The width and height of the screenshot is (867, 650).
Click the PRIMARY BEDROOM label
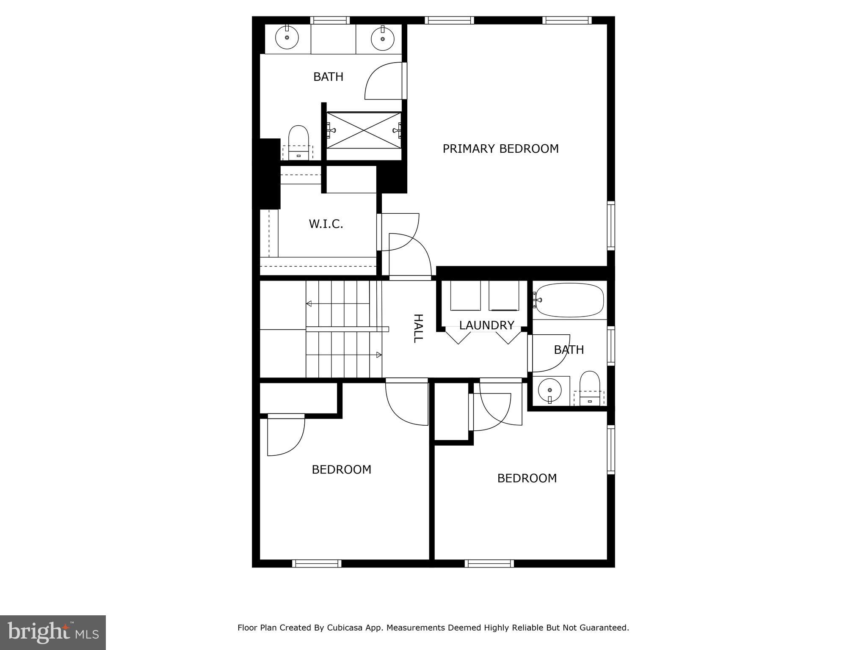coord(500,149)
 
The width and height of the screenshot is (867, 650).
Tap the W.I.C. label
coord(326,224)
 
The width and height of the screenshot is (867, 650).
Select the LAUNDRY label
coord(486,325)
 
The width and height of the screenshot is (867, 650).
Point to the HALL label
coord(418,328)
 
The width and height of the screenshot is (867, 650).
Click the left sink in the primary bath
coord(287,38)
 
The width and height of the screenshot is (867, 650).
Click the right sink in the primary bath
coord(382,39)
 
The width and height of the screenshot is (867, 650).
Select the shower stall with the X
coord(364,130)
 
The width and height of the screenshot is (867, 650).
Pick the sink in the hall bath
coord(549,390)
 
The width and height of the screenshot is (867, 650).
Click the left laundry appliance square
coord(465,295)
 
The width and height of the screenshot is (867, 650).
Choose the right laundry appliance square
coord(504,295)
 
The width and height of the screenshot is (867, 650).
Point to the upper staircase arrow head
coord(309,303)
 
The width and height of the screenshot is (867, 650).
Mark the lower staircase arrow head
coord(379,355)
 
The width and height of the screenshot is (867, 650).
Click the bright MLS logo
coord(53,633)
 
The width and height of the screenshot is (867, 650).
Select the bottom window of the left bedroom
coord(317,563)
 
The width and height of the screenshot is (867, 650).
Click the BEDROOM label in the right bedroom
coord(527,478)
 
